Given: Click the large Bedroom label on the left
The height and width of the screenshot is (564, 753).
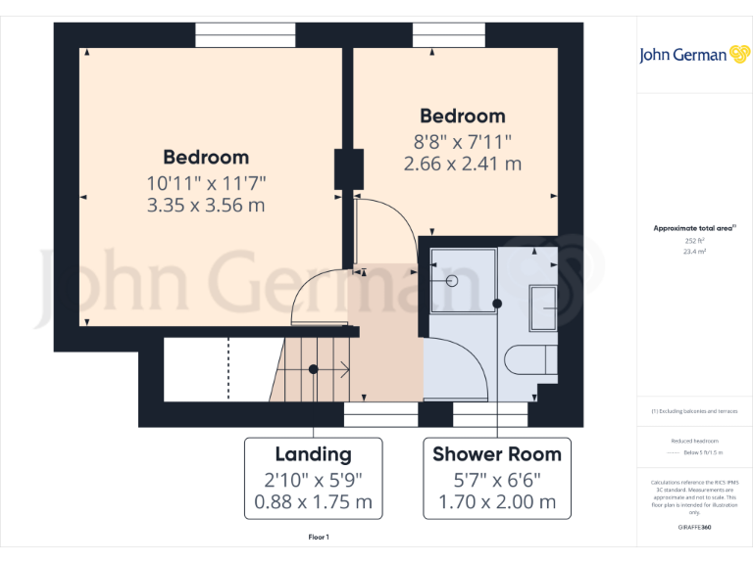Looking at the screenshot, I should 206,157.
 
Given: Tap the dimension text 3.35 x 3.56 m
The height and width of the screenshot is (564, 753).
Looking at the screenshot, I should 206,206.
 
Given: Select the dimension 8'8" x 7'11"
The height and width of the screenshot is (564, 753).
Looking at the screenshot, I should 463,141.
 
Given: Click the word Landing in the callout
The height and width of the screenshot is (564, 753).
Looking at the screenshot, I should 313,454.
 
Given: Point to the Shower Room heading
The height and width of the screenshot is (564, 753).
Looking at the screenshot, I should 497,454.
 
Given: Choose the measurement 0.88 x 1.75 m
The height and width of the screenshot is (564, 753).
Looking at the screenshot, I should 313,503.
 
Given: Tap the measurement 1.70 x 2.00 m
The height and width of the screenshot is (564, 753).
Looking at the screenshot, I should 497,503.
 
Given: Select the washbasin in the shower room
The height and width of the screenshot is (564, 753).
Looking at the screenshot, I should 543,307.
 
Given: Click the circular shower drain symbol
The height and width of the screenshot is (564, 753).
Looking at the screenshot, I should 453,281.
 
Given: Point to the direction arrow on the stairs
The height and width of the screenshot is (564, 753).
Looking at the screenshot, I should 342,369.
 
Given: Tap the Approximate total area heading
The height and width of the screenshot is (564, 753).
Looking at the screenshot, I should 693,228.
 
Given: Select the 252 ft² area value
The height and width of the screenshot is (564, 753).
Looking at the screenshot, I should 694,240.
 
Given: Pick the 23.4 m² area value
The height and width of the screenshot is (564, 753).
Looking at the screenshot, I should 694,252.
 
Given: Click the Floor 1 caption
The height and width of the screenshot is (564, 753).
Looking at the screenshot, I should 319,538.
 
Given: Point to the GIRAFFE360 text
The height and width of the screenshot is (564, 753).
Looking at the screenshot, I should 693,528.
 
